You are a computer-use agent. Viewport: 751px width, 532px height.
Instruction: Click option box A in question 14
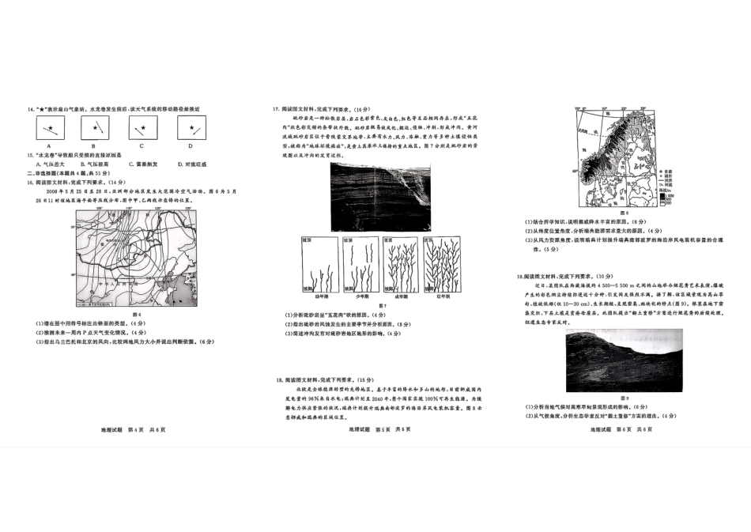point(48,127)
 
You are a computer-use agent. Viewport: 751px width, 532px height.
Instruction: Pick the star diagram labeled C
point(142,127)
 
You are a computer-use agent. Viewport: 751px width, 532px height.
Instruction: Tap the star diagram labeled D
point(190,127)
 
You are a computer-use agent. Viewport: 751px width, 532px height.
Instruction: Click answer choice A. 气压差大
point(51,164)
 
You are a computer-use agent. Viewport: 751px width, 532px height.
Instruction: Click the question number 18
point(280,379)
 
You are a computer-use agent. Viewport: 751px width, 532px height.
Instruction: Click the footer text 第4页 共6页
point(145,429)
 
